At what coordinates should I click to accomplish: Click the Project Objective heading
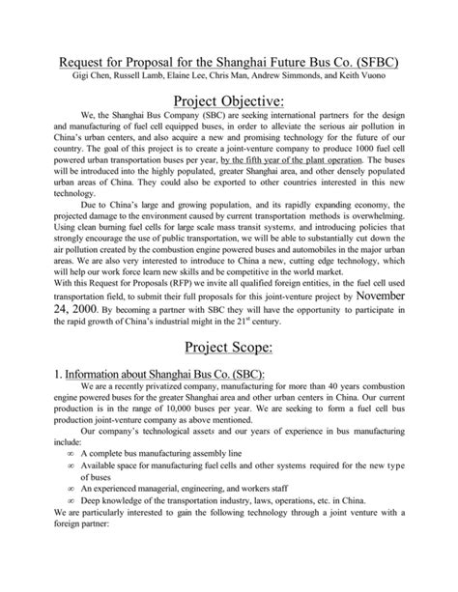click(228, 103)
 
